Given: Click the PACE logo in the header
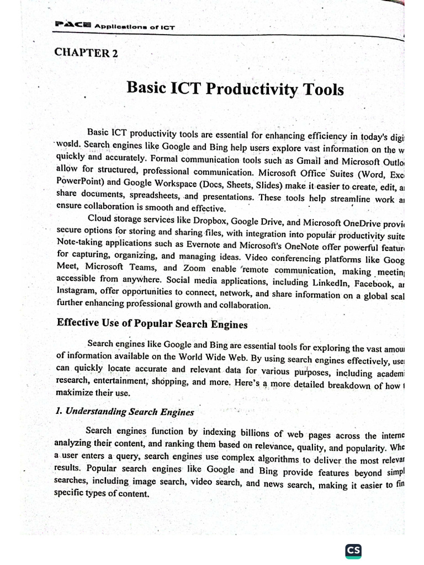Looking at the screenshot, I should click(72, 24).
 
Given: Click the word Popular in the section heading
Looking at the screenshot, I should click(157, 323).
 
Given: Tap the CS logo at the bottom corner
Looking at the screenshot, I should click(353, 550).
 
